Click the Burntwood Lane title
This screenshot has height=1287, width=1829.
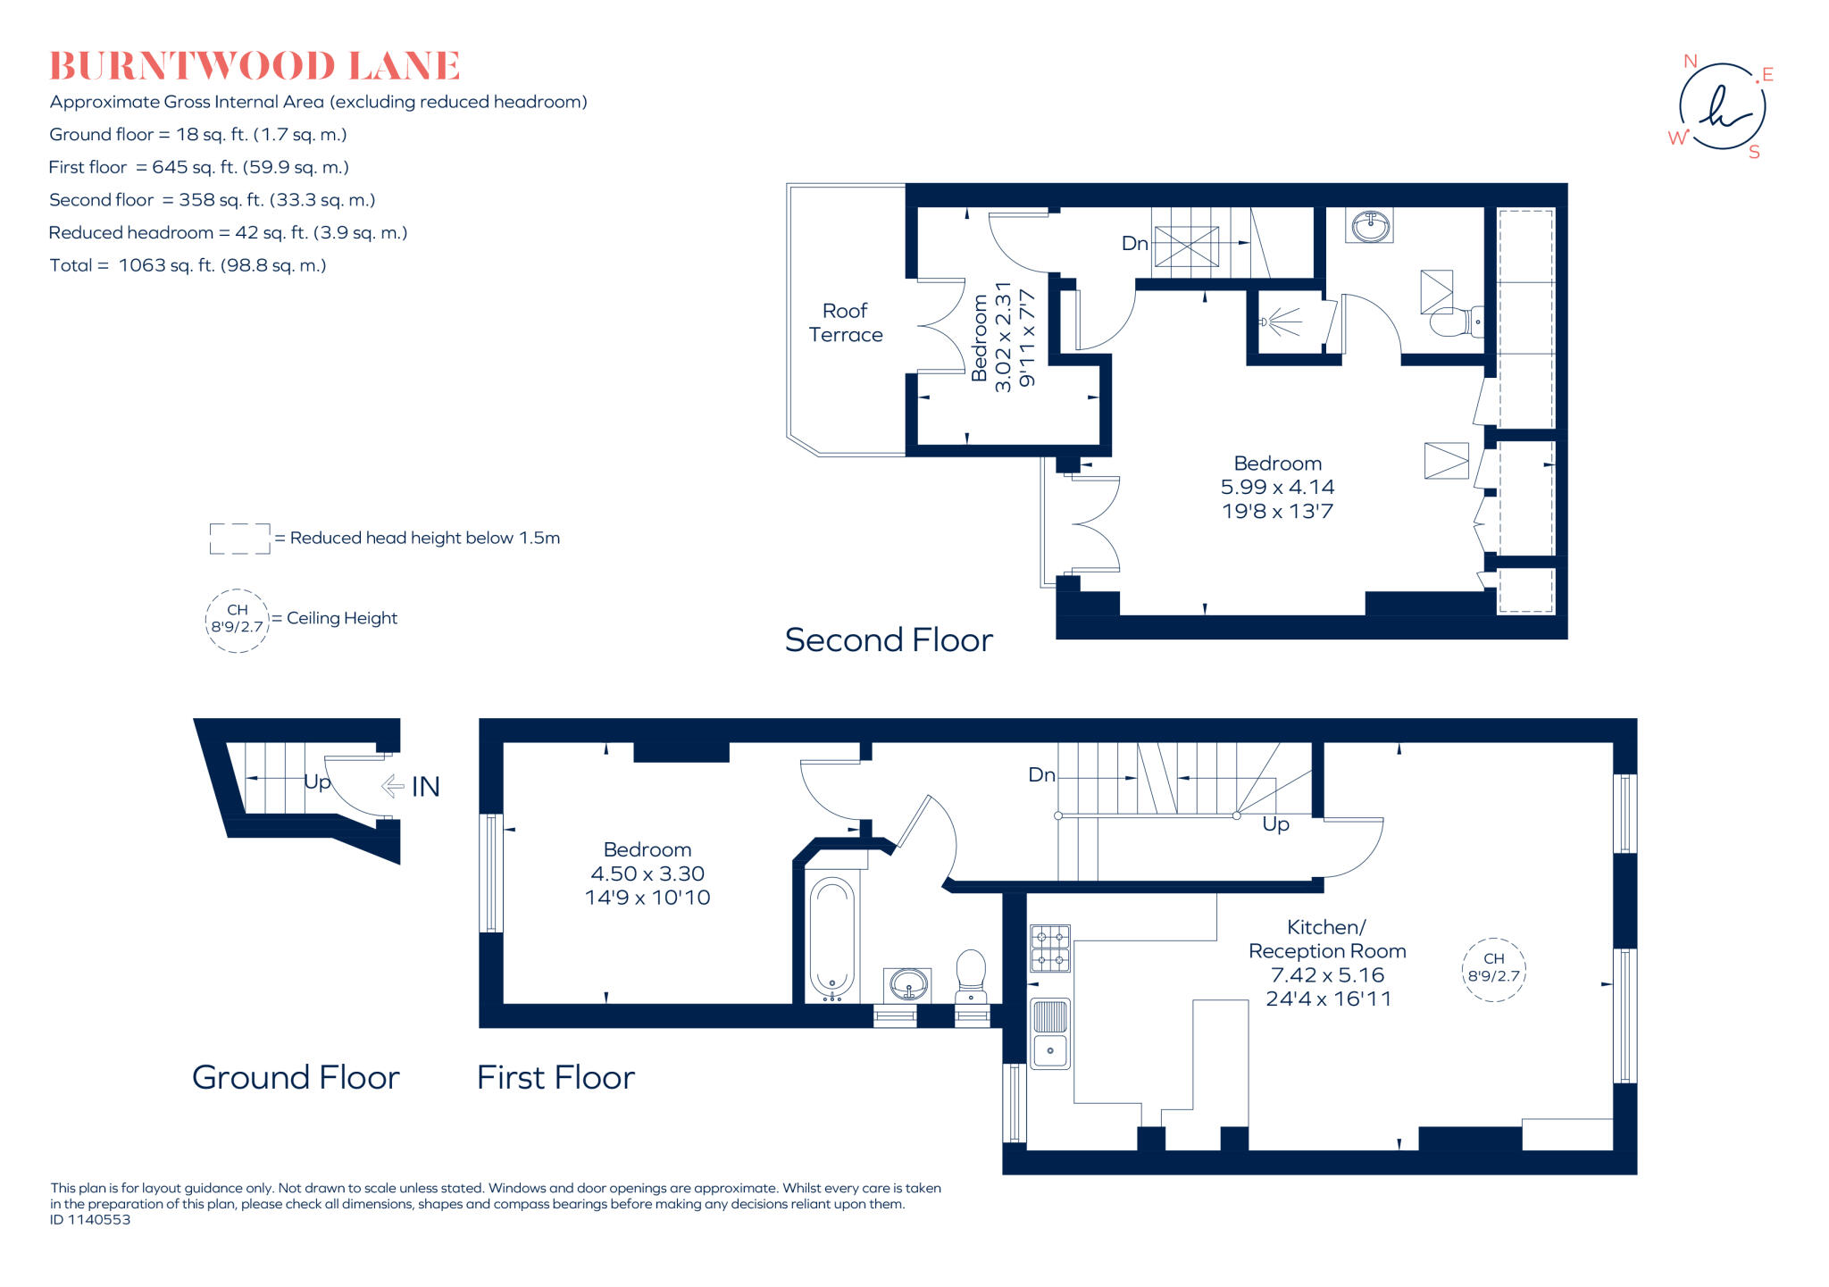point(255,66)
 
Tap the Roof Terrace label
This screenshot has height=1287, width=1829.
point(845,322)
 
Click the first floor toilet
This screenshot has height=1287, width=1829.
point(971,975)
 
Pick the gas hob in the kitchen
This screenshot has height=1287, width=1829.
point(1050,949)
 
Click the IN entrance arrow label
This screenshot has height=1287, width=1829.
point(425,787)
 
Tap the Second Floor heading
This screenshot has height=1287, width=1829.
point(889,640)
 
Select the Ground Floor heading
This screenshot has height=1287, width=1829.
point(296,1077)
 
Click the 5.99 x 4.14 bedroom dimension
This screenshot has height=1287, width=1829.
point(1277,488)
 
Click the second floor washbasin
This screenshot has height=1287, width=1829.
point(1370,226)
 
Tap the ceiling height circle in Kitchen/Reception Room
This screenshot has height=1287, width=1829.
point(1493,969)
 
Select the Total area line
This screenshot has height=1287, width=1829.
point(188,265)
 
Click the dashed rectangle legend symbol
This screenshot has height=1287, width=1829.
point(239,539)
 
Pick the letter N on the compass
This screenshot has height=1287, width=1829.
point(1690,62)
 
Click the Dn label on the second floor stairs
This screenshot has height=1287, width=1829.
point(1134,244)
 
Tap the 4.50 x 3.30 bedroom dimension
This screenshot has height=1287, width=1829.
point(647,873)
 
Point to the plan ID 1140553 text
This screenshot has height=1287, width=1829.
point(90,1220)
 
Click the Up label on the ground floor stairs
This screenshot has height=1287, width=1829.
point(317,782)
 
